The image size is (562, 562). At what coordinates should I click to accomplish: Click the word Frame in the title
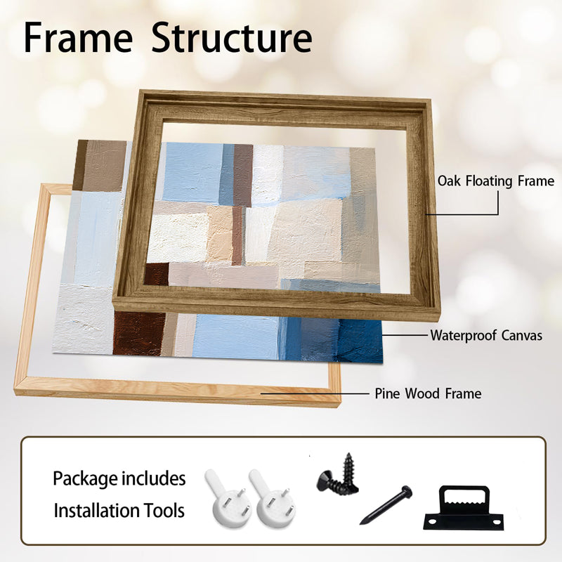(x=78, y=38)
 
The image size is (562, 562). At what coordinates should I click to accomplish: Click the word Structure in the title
(x=232, y=38)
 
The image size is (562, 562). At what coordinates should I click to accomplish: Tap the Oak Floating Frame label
(x=496, y=181)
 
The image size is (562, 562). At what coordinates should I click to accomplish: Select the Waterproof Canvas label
(x=486, y=336)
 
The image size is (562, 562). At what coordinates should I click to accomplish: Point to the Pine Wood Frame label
(x=428, y=393)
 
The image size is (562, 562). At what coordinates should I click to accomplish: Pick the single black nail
(x=386, y=505)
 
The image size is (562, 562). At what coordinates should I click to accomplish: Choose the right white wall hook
(x=272, y=498)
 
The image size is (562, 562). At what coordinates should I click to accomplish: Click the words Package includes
(x=119, y=478)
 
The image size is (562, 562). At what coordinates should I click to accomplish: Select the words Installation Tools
(x=119, y=511)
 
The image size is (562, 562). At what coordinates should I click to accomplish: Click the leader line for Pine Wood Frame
(x=315, y=393)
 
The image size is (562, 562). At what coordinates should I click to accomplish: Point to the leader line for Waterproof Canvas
(x=405, y=336)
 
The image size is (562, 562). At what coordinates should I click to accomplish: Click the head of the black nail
(x=407, y=490)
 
